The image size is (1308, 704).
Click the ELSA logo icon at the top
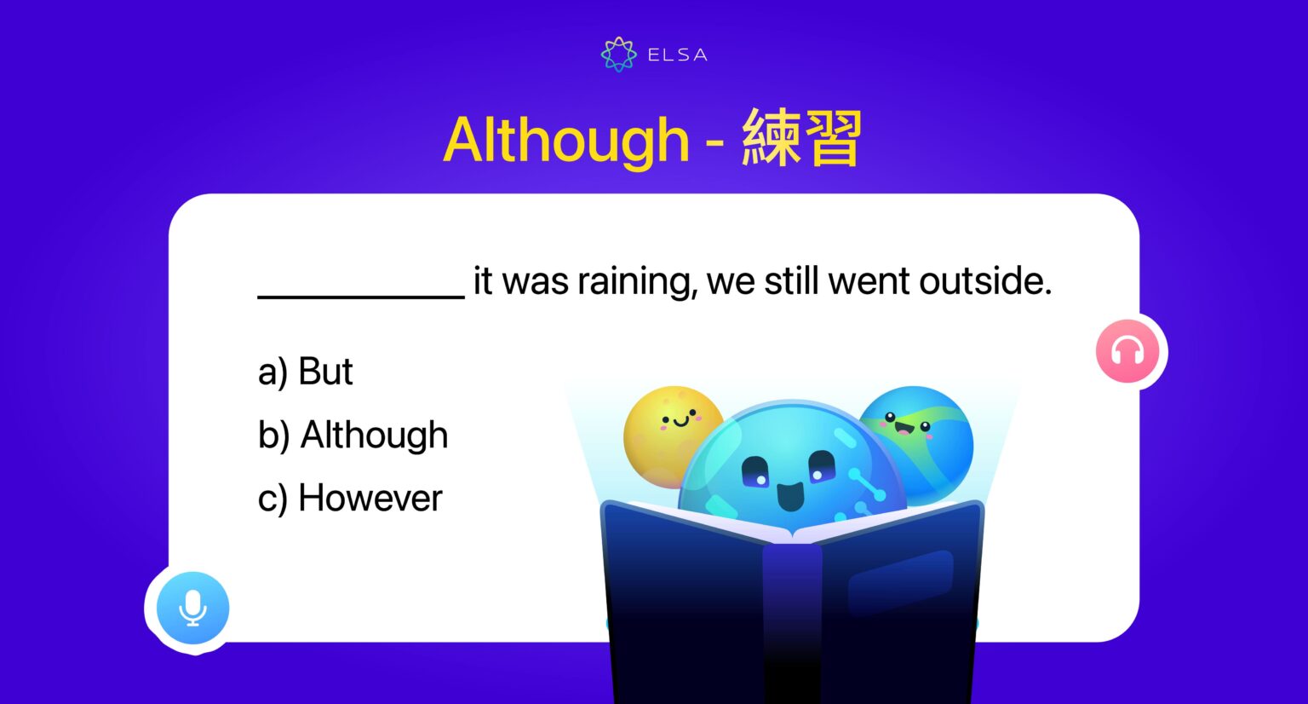(x=618, y=55)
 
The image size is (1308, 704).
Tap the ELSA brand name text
(x=677, y=55)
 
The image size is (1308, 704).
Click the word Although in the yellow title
(x=565, y=141)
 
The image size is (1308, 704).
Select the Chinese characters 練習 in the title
(x=801, y=138)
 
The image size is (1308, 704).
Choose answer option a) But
(x=305, y=372)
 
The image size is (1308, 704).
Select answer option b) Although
(x=353, y=436)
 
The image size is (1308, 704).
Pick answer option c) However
(x=350, y=499)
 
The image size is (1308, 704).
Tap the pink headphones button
(x=1127, y=351)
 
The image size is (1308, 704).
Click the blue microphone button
(x=193, y=608)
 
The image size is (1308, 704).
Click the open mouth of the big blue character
(x=790, y=495)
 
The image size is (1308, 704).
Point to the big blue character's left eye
(x=754, y=470)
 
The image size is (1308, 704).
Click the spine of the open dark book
(x=792, y=614)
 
